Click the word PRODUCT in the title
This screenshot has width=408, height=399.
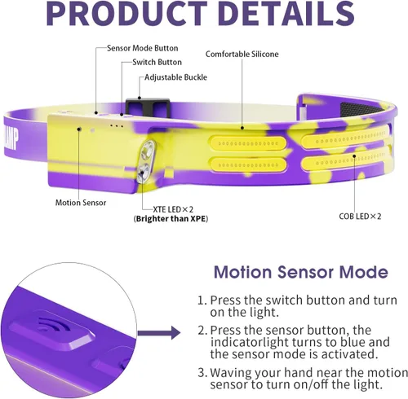(127, 13)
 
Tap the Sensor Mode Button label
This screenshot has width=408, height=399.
(143, 48)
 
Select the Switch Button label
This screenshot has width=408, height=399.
(157, 62)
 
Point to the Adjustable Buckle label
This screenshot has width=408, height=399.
(175, 77)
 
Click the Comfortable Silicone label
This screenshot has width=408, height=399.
(242, 54)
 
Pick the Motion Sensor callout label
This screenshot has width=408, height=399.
(81, 203)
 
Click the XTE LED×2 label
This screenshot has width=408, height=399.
(173, 209)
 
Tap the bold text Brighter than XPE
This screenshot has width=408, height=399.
(171, 219)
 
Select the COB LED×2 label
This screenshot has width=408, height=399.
(360, 217)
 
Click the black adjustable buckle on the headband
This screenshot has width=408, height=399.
(149, 107)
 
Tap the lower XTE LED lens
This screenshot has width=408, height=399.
(143, 171)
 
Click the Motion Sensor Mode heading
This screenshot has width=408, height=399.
(301, 272)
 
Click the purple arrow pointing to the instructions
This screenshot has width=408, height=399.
(159, 333)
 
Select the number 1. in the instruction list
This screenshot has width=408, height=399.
(202, 300)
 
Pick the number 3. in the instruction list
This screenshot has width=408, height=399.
(202, 372)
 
